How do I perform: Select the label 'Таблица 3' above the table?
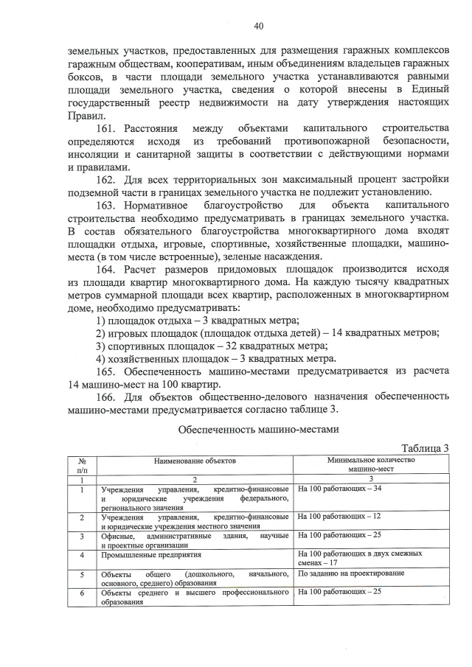click(424, 447)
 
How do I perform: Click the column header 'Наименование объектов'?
click(195, 460)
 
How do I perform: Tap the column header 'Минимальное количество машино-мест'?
click(371, 464)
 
